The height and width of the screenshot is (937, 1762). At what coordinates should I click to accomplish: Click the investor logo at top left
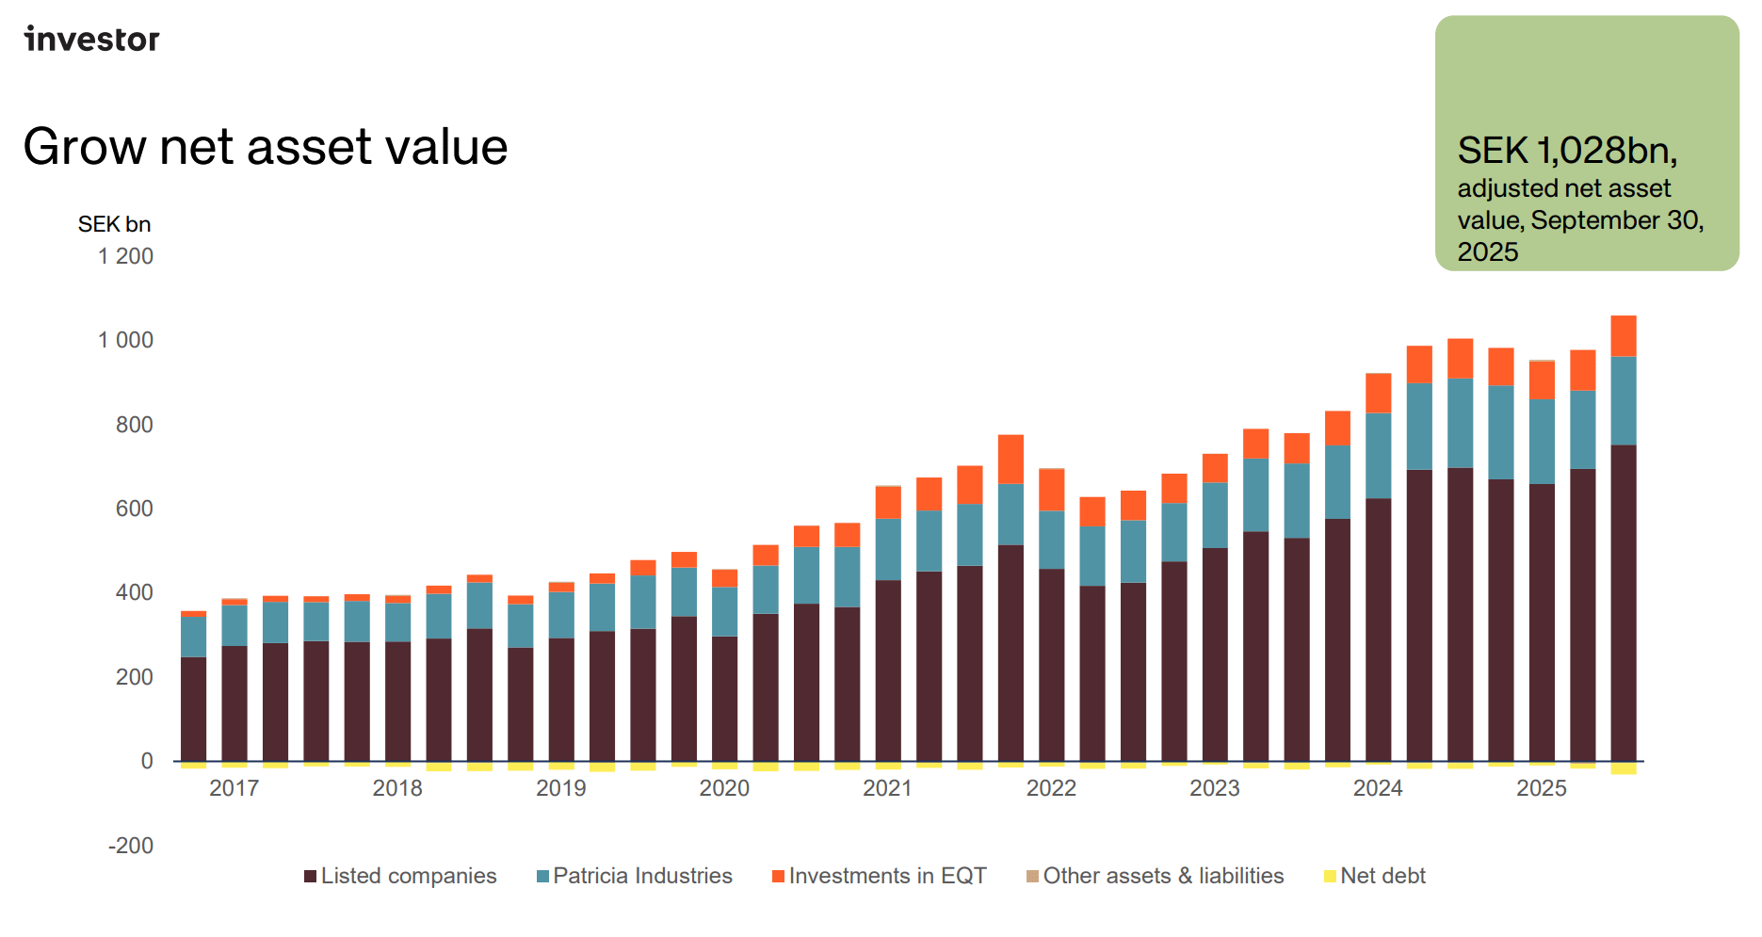click(x=92, y=39)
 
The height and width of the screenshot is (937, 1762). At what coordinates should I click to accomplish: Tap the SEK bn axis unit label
click(x=114, y=224)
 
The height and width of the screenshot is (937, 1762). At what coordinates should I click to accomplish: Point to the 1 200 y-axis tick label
click(x=125, y=256)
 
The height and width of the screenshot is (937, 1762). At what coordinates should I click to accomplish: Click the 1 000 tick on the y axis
click(x=125, y=340)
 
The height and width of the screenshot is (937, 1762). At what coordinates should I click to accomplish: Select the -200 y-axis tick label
click(x=131, y=846)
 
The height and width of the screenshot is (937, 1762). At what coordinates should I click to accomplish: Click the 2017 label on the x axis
click(x=234, y=788)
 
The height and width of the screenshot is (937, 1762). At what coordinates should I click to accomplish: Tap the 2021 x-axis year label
click(x=887, y=788)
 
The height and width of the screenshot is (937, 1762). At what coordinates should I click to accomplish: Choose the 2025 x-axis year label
click(x=1541, y=788)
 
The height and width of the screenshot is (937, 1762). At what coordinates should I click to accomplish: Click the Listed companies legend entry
click(x=401, y=876)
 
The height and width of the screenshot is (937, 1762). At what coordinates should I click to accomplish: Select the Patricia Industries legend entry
click(x=635, y=876)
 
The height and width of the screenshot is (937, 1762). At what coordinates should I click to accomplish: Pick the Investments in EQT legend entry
click(x=880, y=876)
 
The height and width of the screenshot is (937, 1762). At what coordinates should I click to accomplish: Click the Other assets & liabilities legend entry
click(x=1156, y=876)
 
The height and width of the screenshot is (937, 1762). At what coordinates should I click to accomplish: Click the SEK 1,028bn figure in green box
click(x=1566, y=151)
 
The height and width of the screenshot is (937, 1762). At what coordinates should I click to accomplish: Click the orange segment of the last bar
click(x=1623, y=336)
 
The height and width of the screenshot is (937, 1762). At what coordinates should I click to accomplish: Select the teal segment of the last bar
click(x=1623, y=400)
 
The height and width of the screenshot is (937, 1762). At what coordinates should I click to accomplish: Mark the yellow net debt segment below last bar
click(x=1623, y=768)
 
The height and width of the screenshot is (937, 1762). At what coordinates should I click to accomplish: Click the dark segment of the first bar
click(x=193, y=708)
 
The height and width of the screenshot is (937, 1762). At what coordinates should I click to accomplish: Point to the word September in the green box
click(x=1583, y=220)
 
